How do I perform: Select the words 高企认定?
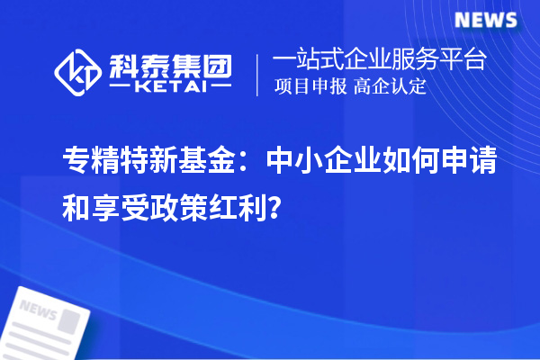point(390,87)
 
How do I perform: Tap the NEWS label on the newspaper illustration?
point(37,310)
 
